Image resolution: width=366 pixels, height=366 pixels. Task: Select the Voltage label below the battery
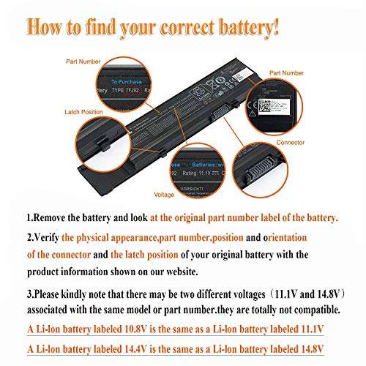(165, 195)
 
